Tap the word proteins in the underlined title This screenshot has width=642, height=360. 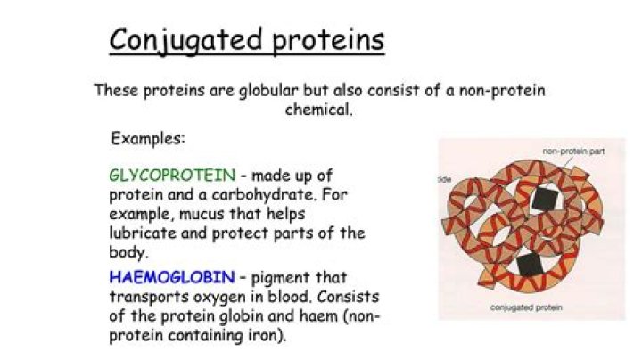(x=332, y=40)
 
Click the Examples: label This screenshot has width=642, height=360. (x=148, y=140)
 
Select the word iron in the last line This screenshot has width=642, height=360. (x=261, y=336)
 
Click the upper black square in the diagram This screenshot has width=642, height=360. (x=541, y=199)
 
